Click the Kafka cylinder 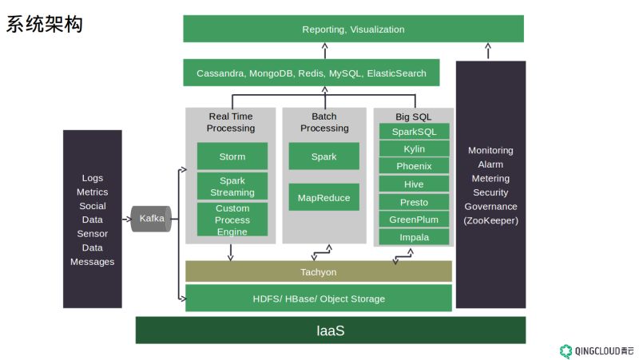(x=151, y=219)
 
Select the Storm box (x=232, y=156)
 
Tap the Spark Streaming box (x=232, y=186)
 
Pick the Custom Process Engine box (x=232, y=220)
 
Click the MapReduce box (x=324, y=197)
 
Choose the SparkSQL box (x=414, y=132)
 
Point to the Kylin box (x=414, y=148)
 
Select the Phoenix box (x=414, y=166)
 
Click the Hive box (x=414, y=184)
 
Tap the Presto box (x=414, y=202)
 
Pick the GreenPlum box (x=414, y=219)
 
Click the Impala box (x=414, y=236)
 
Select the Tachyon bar (x=319, y=271)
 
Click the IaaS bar (x=331, y=330)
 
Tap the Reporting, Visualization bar (x=353, y=29)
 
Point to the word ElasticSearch (x=396, y=73)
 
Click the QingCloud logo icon (x=566, y=351)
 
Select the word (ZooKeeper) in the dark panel (x=490, y=220)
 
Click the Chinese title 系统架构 (x=45, y=24)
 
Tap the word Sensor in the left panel (x=93, y=234)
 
